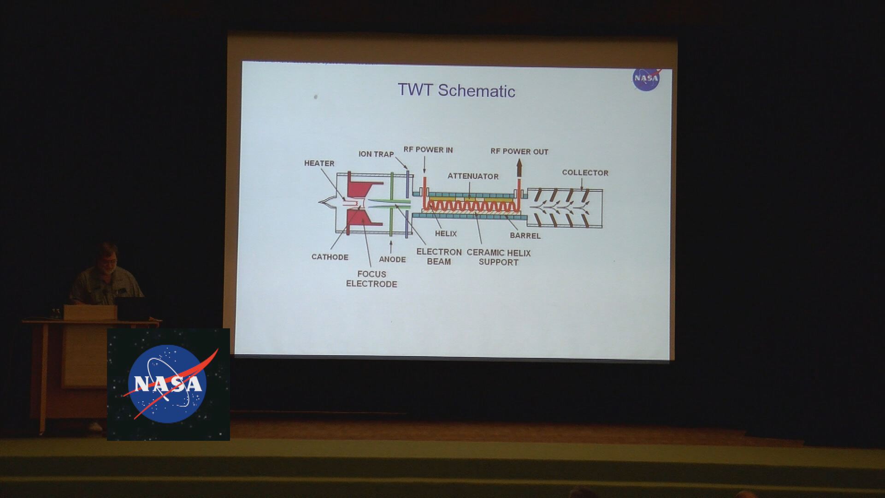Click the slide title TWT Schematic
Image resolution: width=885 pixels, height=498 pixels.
(x=456, y=90)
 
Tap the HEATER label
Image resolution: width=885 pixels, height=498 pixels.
(x=319, y=163)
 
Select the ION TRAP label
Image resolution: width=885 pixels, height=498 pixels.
(x=376, y=154)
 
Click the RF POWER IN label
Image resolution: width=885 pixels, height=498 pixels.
(x=428, y=150)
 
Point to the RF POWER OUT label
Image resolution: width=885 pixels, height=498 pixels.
(x=519, y=152)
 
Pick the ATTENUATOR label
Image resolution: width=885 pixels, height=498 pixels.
(x=473, y=176)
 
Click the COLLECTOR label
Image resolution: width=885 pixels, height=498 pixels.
(x=585, y=173)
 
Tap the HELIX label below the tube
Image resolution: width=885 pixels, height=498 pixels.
(x=446, y=234)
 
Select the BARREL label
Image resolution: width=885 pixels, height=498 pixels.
(x=525, y=236)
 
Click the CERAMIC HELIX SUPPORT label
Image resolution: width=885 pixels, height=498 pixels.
(x=498, y=257)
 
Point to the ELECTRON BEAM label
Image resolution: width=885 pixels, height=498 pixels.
(x=439, y=256)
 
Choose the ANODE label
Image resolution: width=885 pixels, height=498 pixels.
(x=392, y=259)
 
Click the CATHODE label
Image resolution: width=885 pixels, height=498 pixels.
(x=330, y=257)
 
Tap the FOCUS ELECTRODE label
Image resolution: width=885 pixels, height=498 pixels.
(x=372, y=279)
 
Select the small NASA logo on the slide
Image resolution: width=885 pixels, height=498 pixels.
(x=646, y=79)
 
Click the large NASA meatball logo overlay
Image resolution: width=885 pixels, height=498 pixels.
(x=168, y=384)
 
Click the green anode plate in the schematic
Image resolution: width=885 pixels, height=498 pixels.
(x=391, y=203)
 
